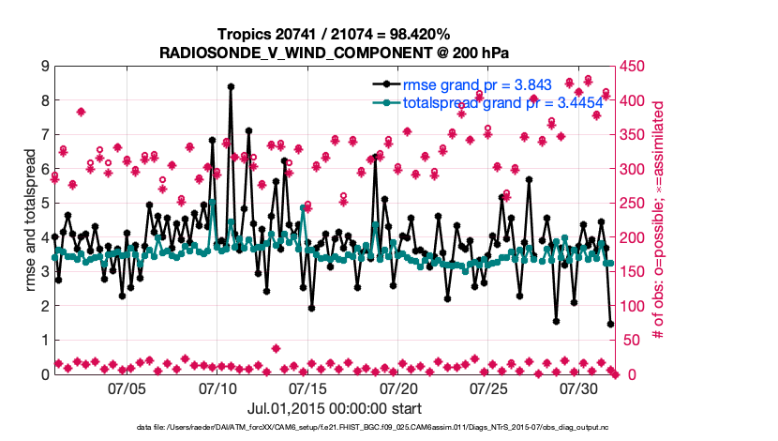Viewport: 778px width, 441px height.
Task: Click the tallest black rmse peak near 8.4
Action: (231, 86)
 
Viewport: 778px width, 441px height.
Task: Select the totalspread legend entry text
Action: (490, 103)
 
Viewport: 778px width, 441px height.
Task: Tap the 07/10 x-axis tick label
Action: (217, 388)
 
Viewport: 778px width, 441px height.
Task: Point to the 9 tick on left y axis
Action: (43, 66)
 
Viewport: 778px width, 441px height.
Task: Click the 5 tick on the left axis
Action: (43, 203)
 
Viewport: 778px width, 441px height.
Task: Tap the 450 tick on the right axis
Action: (633, 66)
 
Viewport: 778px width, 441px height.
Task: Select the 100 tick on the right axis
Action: (633, 306)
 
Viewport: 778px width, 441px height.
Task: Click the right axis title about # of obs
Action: (658, 220)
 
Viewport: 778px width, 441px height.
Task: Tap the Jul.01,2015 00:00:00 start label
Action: (334, 408)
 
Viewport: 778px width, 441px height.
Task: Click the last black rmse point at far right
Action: (611, 324)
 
